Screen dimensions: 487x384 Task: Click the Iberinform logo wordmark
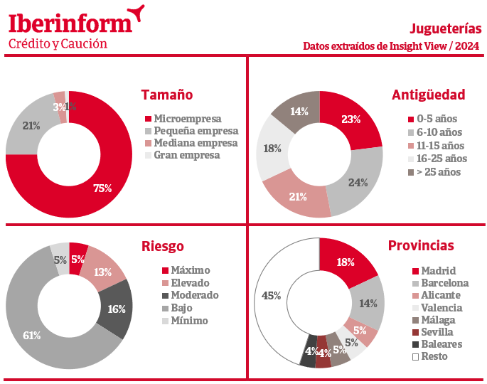[70, 23]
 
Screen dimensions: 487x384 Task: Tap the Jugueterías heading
[445, 28]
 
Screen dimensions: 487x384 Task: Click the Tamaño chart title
[167, 95]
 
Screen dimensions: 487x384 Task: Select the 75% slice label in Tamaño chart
[102, 188]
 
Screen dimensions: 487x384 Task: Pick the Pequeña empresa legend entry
[192, 131]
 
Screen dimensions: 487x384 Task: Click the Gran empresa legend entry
[182, 155]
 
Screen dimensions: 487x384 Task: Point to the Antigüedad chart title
[428, 95]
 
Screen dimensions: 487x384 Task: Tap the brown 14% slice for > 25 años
[298, 110]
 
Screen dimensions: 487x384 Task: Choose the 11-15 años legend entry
[436, 146]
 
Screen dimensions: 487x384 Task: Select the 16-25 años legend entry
[437, 159]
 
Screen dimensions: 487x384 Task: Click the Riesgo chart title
[163, 246]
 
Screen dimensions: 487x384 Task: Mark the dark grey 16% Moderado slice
[116, 309]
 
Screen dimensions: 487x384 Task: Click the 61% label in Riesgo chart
[32, 336]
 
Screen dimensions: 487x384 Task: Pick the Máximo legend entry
[186, 270]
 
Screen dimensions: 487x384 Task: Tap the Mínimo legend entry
[185, 321]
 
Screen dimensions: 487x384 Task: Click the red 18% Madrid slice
[345, 261]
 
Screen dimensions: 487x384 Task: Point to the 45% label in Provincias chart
[271, 295]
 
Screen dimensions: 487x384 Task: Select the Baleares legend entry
[437, 344]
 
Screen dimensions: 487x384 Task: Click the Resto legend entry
[430, 356]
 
